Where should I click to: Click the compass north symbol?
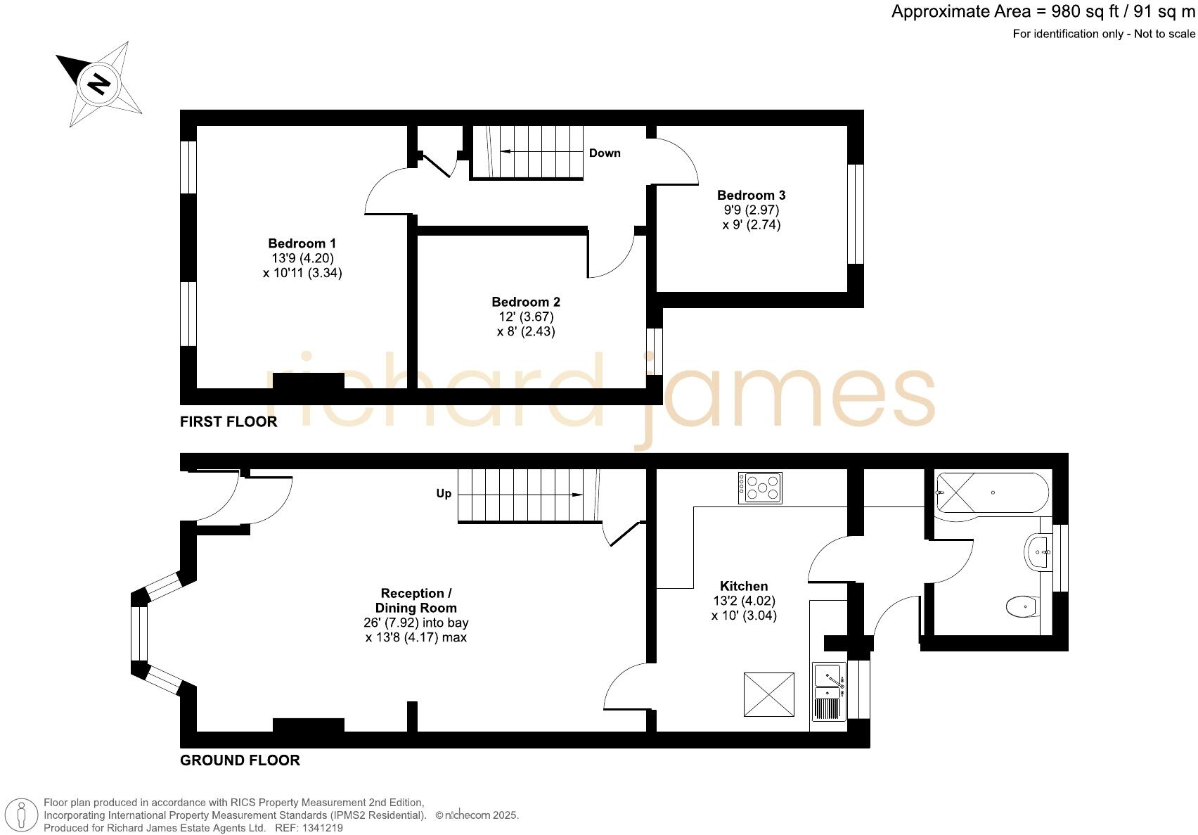(x=99, y=84)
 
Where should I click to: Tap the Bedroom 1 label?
(x=302, y=243)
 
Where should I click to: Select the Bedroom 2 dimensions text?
(x=526, y=324)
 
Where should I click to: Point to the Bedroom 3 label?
(x=751, y=195)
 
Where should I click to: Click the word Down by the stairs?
(x=605, y=153)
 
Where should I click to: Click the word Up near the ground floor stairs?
(x=444, y=493)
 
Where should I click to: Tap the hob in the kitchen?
(x=759, y=487)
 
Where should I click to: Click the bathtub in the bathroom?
(x=992, y=492)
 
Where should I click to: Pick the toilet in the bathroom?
(x=1022, y=606)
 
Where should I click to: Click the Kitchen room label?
(x=744, y=586)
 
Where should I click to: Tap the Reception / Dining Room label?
(x=416, y=600)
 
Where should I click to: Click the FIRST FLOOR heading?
(x=228, y=421)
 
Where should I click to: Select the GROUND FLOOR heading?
(x=240, y=760)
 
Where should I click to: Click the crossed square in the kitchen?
(x=769, y=694)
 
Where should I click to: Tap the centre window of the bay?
(x=139, y=633)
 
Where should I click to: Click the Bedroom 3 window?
(x=855, y=214)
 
